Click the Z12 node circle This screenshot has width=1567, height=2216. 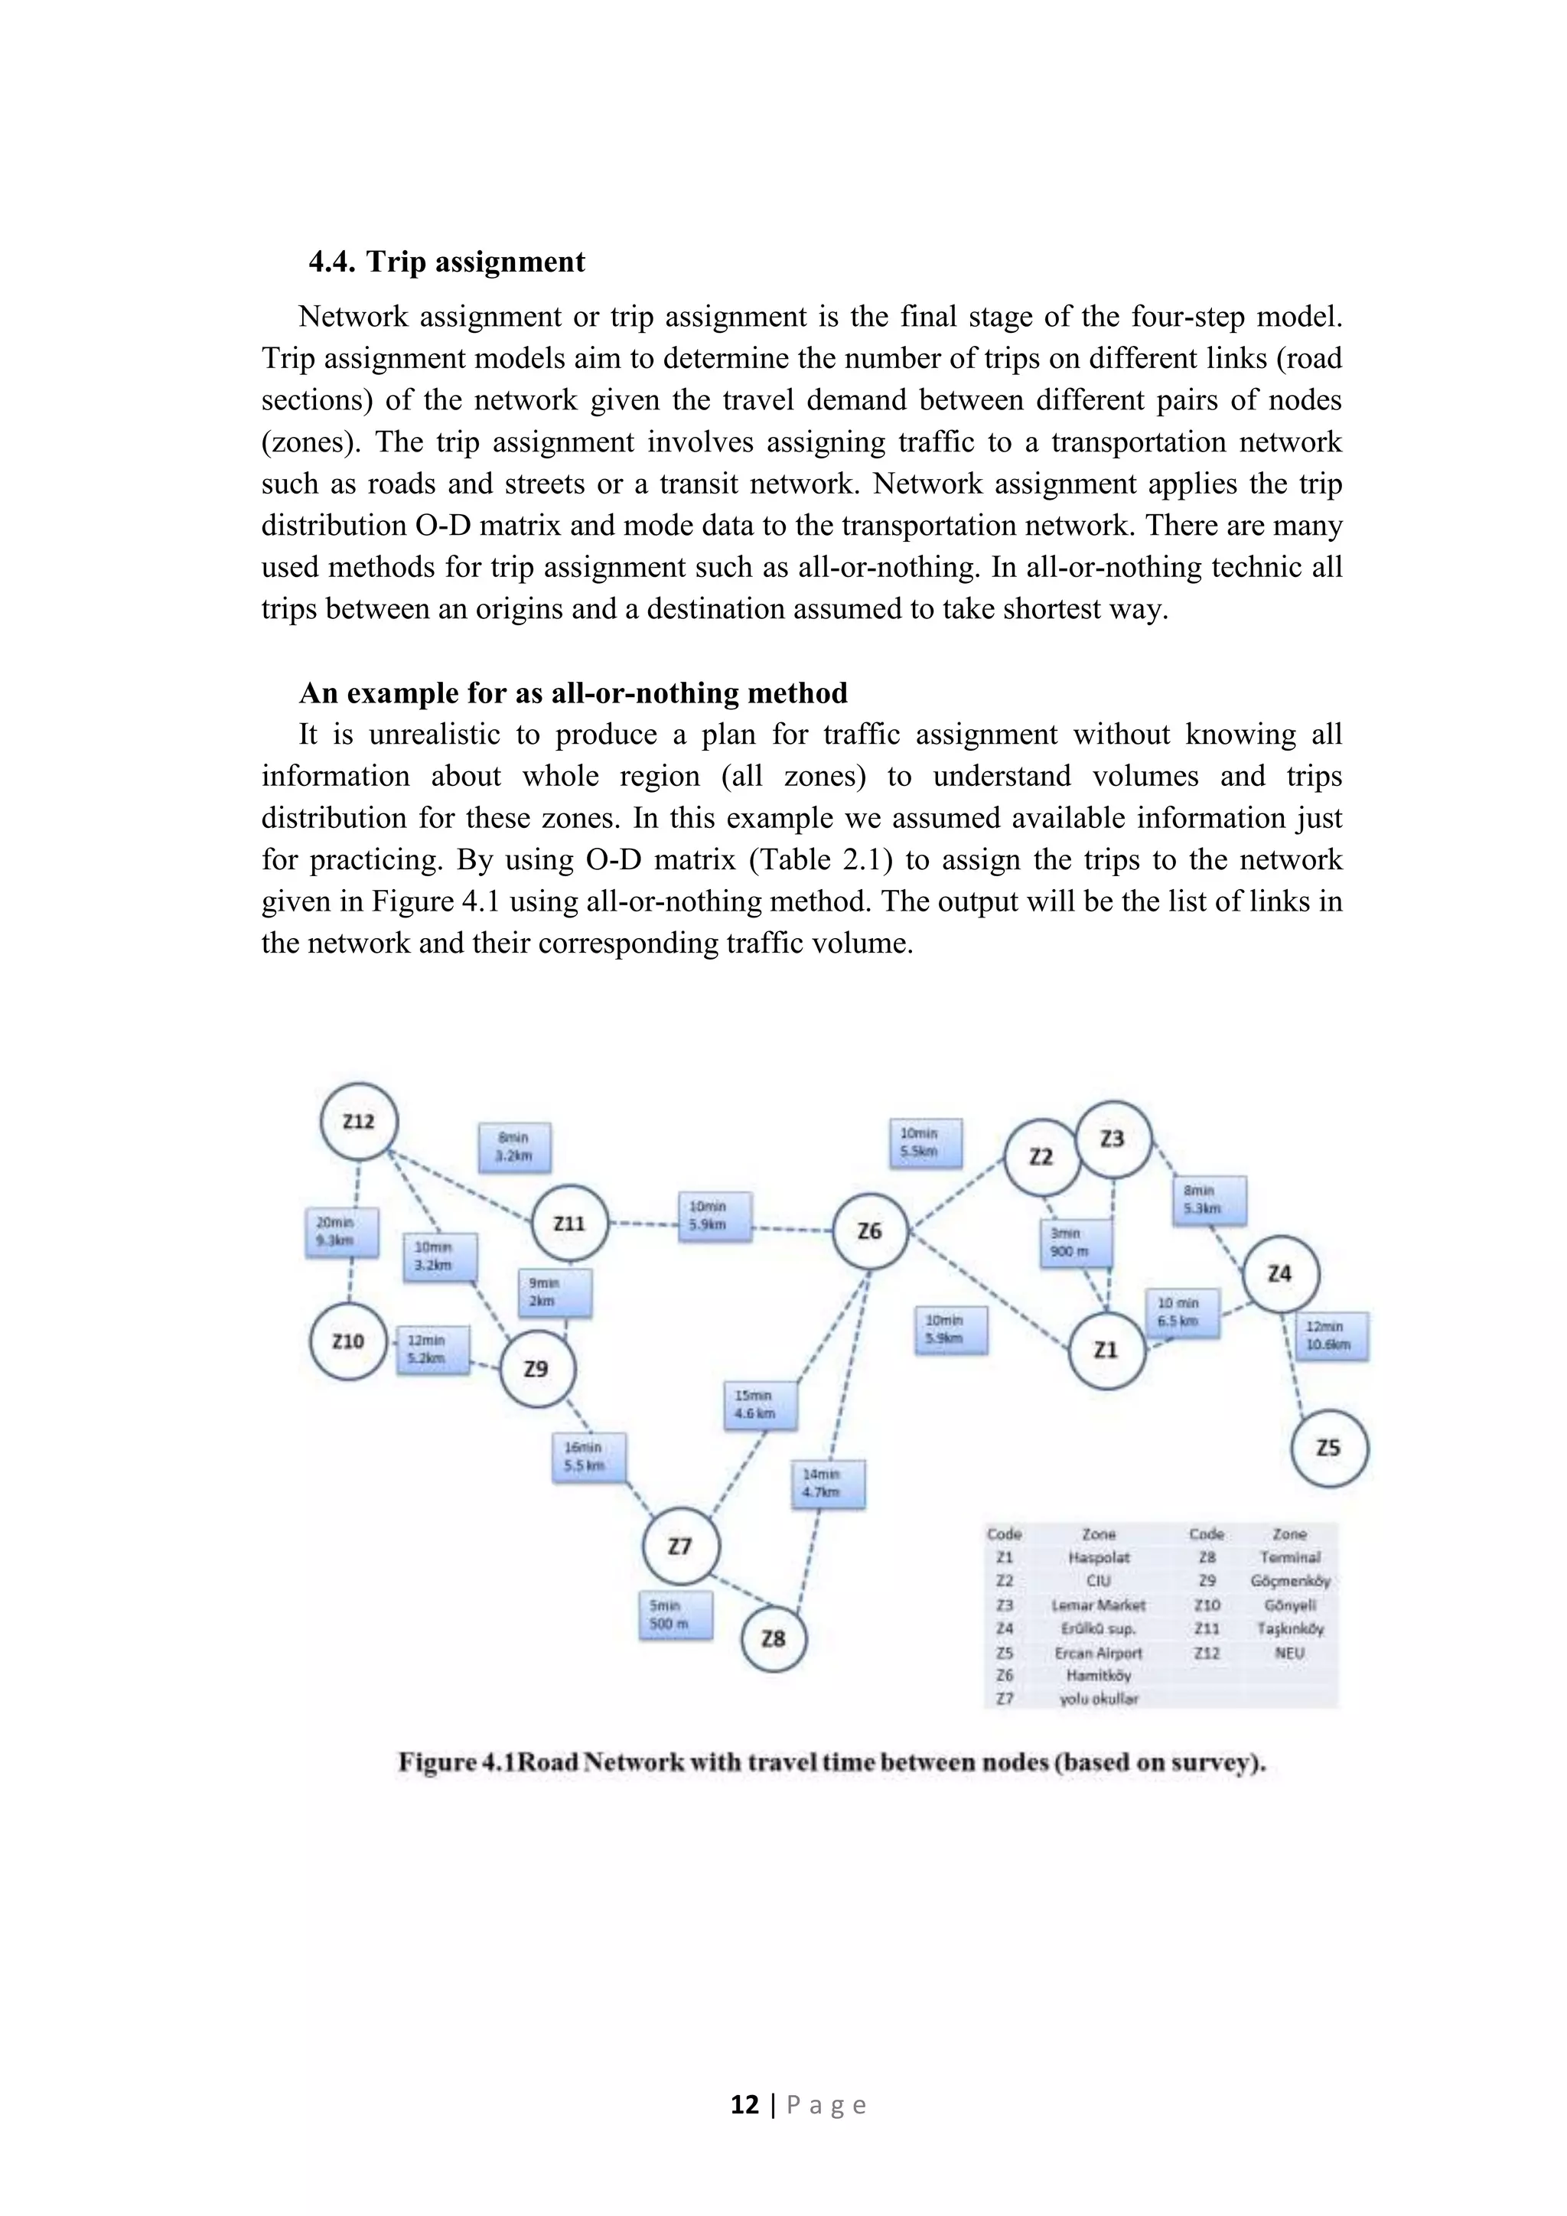(x=359, y=1122)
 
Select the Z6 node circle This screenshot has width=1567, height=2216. (x=869, y=1231)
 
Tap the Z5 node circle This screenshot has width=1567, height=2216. (x=1329, y=1448)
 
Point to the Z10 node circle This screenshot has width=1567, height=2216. (x=348, y=1341)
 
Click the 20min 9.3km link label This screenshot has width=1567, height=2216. (x=340, y=1233)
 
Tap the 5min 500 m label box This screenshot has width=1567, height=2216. (x=676, y=1615)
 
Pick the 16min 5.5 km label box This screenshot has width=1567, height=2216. (x=588, y=1458)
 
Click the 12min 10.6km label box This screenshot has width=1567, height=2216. (x=1331, y=1336)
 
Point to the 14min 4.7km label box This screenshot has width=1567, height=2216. (x=828, y=1484)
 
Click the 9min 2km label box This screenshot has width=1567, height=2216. (x=554, y=1292)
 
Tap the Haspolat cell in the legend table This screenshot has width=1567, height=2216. (x=1098, y=1558)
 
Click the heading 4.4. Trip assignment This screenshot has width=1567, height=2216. (x=447, y=262)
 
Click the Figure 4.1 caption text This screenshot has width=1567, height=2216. (x=832, y=1763)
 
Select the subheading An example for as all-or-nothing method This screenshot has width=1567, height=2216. (x=573, y=693)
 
